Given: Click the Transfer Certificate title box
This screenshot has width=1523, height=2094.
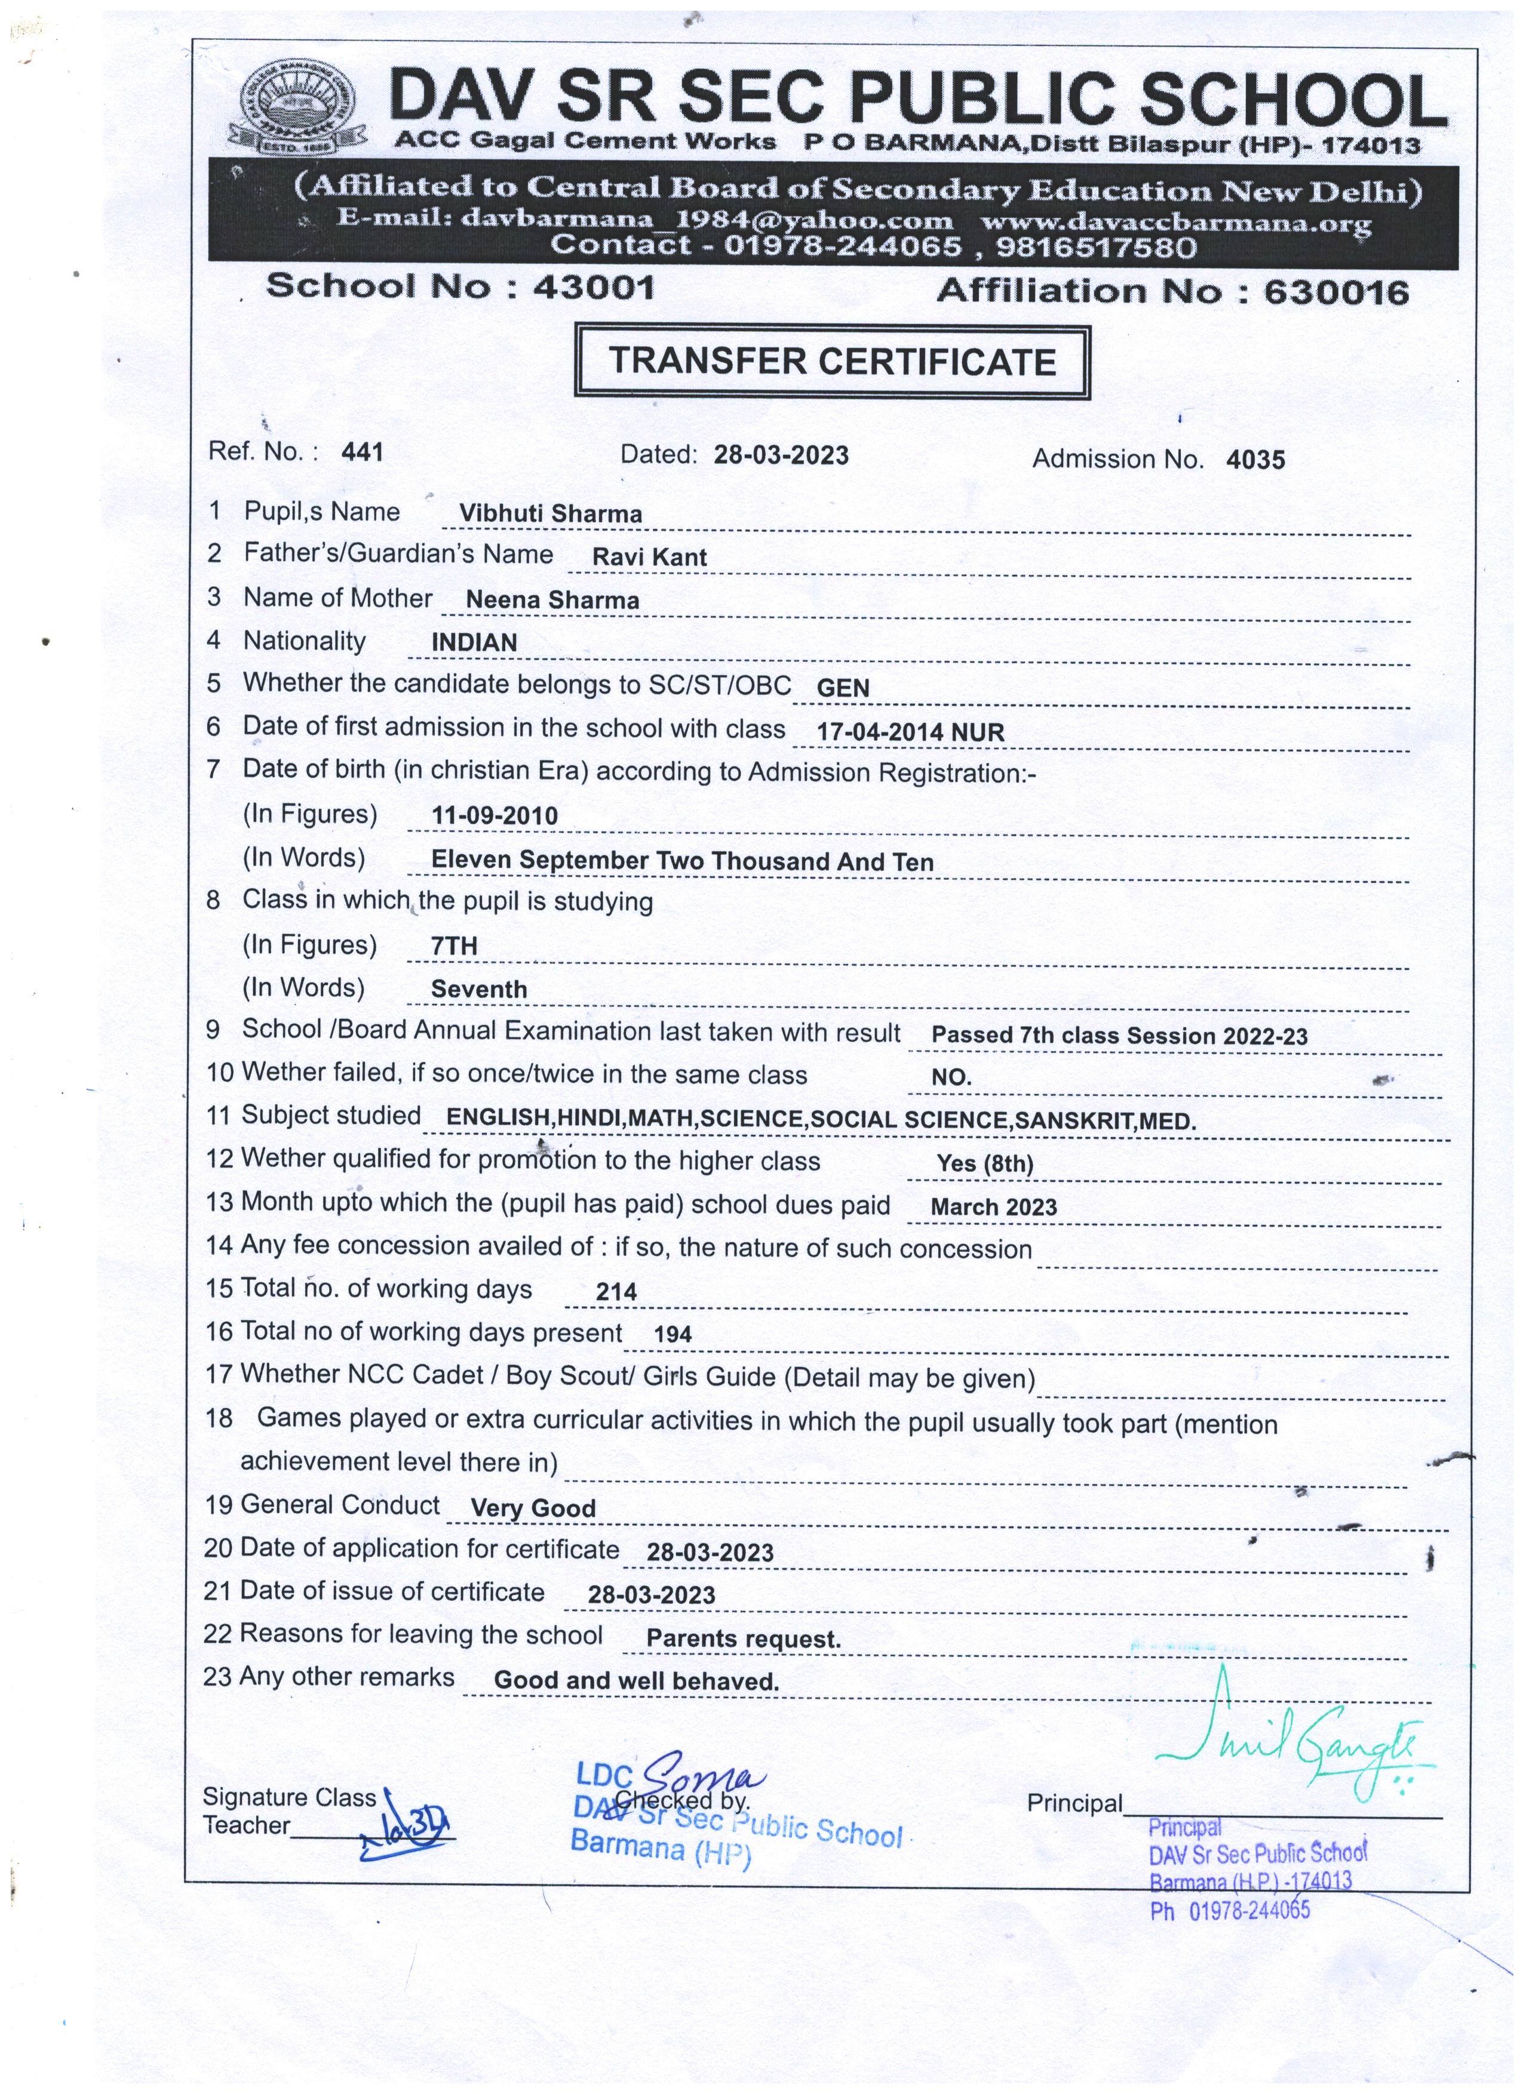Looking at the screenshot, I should point(831,361).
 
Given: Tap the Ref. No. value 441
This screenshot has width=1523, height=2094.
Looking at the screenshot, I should point(362,451).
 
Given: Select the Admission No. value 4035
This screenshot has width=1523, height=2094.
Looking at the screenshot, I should point(1255,460).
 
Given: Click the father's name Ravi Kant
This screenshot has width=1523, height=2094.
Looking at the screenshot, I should point(649,558).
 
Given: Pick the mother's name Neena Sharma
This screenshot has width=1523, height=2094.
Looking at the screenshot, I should point(552,600).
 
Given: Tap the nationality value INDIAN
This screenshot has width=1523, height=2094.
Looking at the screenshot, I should point(474,643).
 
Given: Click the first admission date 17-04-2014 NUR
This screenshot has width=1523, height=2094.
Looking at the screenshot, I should point(910,733).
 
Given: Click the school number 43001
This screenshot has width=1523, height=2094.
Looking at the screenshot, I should point(594,287).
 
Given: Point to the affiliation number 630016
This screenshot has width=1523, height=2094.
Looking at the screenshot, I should point(1335,292).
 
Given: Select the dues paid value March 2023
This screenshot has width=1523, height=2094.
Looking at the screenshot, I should point(994,1208).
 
